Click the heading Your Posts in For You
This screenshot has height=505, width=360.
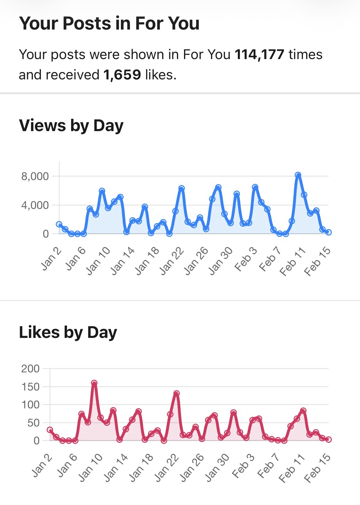(x=109, y=23)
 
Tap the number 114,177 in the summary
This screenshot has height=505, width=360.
(x=259, y=54)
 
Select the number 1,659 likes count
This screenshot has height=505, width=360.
(x=122, y=75)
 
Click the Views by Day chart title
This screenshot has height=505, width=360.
(x=71, y=126)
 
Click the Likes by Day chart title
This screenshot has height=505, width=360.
(x=68, y=332)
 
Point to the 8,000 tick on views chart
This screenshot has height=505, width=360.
(x=35, y=176)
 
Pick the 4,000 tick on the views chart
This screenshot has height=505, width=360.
(x=35, y=205)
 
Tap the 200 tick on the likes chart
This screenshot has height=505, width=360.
(x=30, y=368)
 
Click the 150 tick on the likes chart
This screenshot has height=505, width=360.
(x=30, y=387)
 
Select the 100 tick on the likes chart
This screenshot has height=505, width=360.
(x=30, y=405)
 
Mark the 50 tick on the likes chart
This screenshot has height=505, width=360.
(x=33, y=423)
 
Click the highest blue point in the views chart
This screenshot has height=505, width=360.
(x=298, y=175)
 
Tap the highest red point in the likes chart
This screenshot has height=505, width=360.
(x=94, y=383)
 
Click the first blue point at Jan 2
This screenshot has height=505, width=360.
(x=59, y=224)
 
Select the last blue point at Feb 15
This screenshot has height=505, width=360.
(x=328, y=232)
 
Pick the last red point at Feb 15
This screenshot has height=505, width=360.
(x=328, y=439)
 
